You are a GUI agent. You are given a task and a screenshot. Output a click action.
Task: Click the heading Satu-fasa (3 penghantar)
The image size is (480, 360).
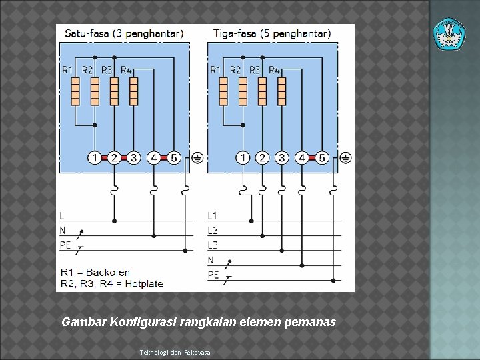(124, 33)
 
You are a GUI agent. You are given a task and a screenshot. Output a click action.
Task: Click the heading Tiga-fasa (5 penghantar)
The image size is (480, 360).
(271, 33)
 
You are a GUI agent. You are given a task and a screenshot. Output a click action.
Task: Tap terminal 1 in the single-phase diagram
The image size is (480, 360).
(95, 158)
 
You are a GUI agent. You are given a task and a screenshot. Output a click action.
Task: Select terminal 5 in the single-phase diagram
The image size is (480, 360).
(173, 158)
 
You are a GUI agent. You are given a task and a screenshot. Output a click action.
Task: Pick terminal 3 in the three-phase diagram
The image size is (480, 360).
(282, 158)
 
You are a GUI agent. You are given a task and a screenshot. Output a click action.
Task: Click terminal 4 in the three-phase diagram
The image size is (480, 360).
(302, 158)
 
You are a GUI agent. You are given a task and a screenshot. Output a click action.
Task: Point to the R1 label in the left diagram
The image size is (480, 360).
(68, 69)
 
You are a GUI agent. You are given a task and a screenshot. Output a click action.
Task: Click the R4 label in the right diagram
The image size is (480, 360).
(274, 69)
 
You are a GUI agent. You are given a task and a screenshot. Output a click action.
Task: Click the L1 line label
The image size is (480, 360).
(212, 215)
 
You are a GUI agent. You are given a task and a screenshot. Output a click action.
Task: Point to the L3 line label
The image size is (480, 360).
(212, 245)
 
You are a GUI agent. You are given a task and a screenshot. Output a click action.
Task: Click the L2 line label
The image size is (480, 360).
(212, 231)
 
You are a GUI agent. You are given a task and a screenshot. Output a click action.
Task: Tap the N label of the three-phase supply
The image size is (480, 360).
(211, 260)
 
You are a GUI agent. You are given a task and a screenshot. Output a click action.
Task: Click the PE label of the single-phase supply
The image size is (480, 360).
(65, 245)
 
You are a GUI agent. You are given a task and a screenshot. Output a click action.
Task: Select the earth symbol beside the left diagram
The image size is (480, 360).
(197, 158)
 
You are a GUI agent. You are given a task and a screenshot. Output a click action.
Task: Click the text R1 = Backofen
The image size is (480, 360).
(95, 272)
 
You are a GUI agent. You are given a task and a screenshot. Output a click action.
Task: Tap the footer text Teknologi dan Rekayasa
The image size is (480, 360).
(175, 351)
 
